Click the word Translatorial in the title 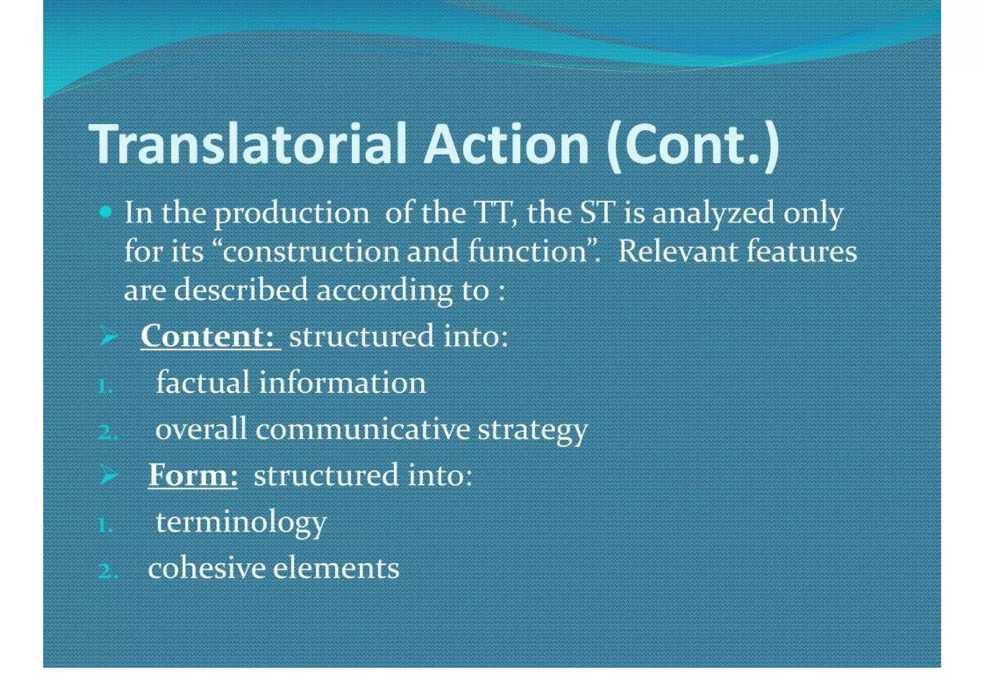[x=248, y=144]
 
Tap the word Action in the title [x=506, y=144]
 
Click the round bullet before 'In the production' [x=106, y=212]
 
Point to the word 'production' [x=292, y=214]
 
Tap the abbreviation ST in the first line [x=597, y=212]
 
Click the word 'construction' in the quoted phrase [x=311, y=251]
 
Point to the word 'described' [x=240, y=290]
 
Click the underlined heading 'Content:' [x=210, y=336]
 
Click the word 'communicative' [x=363, y=428]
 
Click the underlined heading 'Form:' [x=193, y=475]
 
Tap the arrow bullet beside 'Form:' [x=109, y=475]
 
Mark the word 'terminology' [x=241, y=523]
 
